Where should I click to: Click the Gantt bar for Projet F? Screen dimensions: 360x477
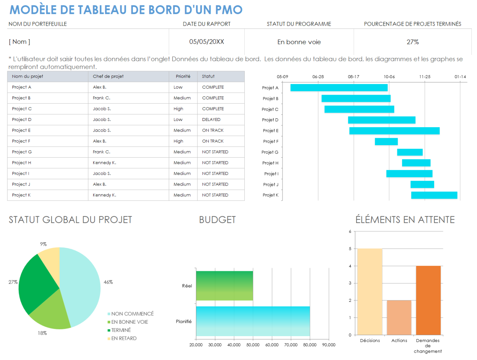(386, 142)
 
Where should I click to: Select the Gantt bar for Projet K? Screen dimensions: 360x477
(434, 195)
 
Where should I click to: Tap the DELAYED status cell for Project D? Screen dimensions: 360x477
(211, 120)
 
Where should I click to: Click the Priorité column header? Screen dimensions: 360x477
(183, 76)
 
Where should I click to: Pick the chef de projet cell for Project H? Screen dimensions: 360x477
(104, 163)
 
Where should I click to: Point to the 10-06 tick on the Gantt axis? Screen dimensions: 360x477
(389, 77)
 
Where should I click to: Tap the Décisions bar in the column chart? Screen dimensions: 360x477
(369, 291)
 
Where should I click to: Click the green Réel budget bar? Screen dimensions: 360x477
(224, 286)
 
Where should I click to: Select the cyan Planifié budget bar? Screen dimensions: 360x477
(252, 321)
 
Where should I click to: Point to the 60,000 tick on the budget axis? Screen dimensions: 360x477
(272, 345)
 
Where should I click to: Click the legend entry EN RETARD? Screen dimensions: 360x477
(124, 338)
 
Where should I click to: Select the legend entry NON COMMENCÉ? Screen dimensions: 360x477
(132, 314)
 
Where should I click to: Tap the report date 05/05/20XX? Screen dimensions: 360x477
(206, 42)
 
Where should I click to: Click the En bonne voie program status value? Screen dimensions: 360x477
(299, 42)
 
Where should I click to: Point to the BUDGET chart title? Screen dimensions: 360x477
(217, 220)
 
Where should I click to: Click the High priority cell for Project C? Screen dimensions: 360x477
(178, 109)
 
